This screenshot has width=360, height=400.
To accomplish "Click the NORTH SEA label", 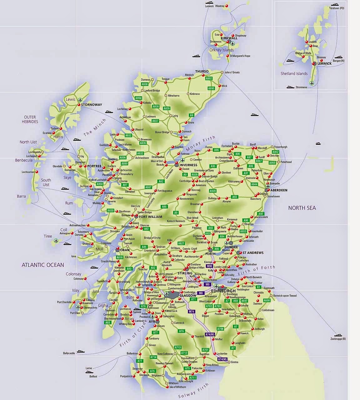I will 302,208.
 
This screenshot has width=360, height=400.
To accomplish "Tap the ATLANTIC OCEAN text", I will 43,265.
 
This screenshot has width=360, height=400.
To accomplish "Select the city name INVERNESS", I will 188,165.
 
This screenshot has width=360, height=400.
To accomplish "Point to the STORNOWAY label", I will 92,105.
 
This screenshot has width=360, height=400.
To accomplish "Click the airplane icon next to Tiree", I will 56,241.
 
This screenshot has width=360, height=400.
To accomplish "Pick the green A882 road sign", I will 209,78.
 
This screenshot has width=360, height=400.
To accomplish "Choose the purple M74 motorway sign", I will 192,311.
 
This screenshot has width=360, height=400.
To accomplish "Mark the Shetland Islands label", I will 294,74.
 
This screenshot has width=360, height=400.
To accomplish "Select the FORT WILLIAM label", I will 151,216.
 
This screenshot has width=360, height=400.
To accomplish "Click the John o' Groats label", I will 232,72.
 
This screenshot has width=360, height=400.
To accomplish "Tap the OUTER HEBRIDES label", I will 31,119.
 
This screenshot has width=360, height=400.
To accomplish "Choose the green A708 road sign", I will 221,329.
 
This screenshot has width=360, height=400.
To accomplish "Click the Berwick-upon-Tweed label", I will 285,296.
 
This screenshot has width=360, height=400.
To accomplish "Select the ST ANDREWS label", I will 253,253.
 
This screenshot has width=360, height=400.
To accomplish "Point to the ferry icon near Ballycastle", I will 80,352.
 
